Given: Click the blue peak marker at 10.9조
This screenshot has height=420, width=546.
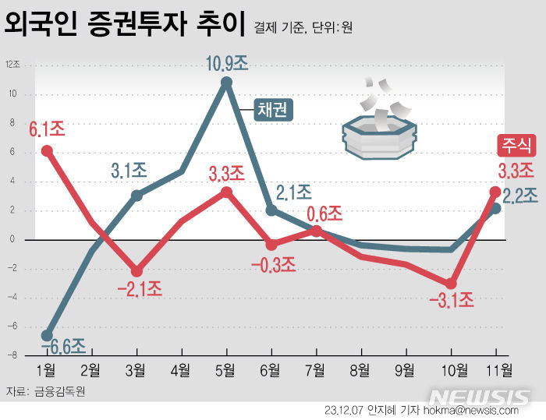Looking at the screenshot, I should tap(227, 82).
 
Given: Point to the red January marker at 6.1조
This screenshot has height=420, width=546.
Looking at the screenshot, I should tap(47, 151).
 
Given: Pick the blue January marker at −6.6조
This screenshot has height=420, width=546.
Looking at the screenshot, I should tap(47, 335).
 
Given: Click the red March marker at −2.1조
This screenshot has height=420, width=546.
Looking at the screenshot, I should tap(136, 271).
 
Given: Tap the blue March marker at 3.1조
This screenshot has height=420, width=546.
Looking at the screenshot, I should tap(136, 195).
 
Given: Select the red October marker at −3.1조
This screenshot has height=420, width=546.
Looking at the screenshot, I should tap(450, 284).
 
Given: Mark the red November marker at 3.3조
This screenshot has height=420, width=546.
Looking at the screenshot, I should tap(495, 192).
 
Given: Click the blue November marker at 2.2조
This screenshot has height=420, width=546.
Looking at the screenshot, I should tap(495, 208).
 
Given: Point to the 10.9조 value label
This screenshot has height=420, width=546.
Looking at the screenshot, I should tap(227, 63).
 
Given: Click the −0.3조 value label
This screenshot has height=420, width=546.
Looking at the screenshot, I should tap(273, 264).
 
